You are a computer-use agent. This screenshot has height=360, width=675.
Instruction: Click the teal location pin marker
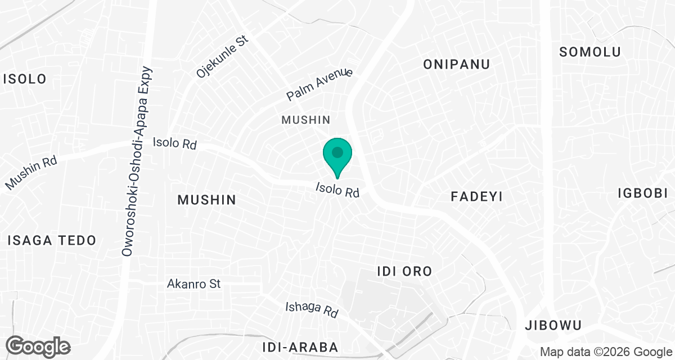337,154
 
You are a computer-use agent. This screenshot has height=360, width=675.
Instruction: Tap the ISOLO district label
25,79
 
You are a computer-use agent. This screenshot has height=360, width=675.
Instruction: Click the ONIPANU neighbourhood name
456,64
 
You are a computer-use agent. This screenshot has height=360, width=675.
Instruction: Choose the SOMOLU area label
590,52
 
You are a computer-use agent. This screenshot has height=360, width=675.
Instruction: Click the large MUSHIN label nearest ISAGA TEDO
206,200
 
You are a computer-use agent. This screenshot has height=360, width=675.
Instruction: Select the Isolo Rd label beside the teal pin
337,190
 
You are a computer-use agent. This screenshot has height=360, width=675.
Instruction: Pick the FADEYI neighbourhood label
476,196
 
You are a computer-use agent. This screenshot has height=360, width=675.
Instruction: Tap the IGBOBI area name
642,193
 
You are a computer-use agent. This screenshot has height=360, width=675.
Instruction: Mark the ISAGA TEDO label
52,241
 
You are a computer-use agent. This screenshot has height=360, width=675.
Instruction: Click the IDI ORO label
404,272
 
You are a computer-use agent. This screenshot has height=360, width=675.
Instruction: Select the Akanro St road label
193,283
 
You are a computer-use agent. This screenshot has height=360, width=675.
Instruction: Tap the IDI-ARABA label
300,346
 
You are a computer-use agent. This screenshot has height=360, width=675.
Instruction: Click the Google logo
38,346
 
